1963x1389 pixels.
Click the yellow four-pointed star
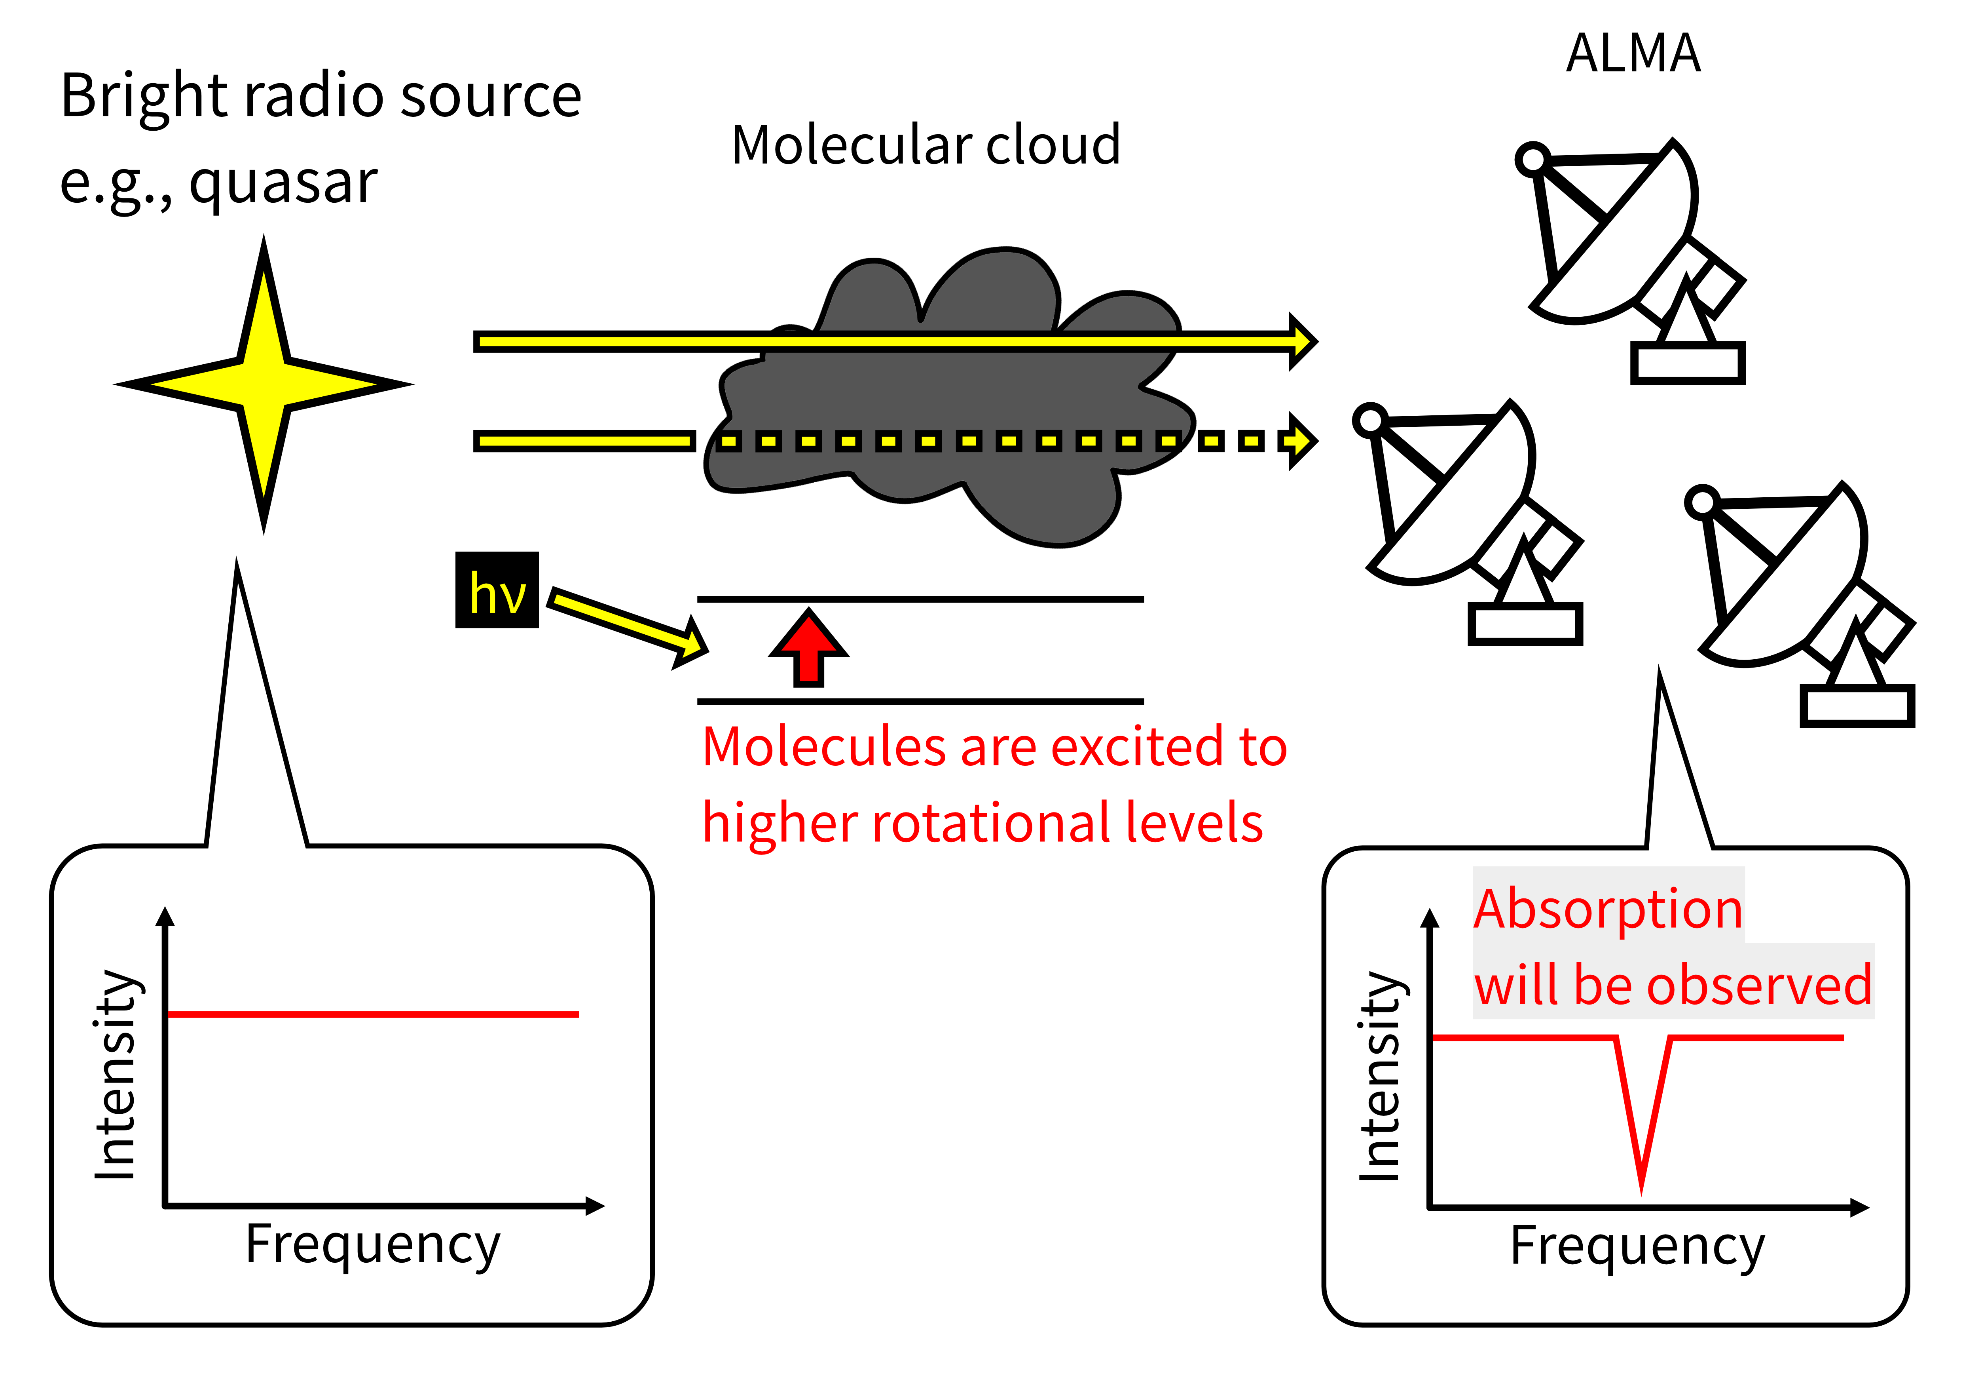264,385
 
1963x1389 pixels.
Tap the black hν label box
497,590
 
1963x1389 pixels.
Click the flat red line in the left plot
373,1014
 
